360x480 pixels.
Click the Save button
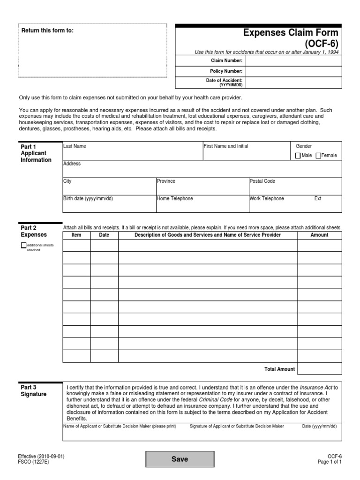(x=180, y=459)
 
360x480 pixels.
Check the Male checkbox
(x=298, y=156)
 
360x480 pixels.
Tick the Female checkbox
(x=319, y=156)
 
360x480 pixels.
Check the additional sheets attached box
(x=24, y=245)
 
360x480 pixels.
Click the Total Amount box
(x=320, y=369)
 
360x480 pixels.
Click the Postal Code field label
(x=262, y=181)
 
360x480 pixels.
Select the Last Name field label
(x=75, y=146)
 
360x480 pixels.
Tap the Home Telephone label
(x=175, y=199)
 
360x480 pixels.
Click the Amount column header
(x=320, y=235)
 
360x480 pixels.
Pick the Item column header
(x=76, y=235)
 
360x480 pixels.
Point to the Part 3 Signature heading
(x=34, y=391)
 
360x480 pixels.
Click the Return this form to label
(x=47, y=31)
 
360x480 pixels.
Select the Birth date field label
(x=88, y=199)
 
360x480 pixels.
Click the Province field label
(x=166, y=181)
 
